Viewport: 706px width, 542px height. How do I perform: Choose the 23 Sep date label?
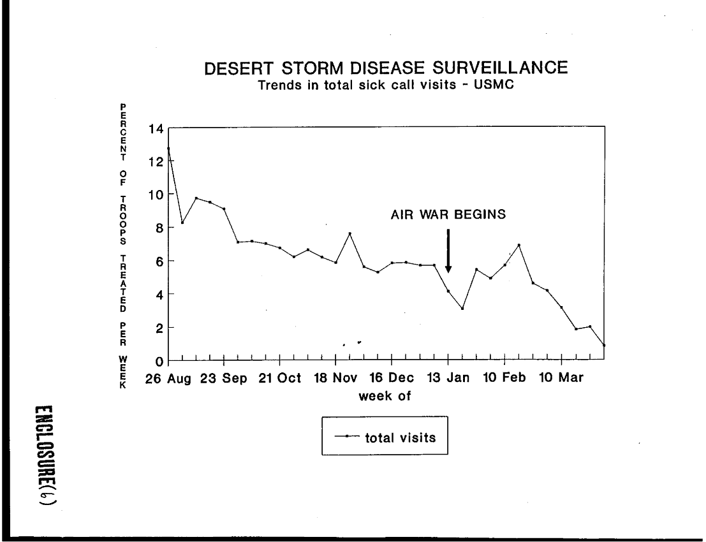[x=228, y=377]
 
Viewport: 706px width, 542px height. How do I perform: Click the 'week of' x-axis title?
[x=384, y=395]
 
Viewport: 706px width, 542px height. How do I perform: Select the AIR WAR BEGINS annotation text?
[x=448, y=216]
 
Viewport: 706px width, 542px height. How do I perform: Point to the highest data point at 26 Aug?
[x=168, y=149]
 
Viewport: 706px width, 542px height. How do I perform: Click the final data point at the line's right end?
[x=603, y=345]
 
